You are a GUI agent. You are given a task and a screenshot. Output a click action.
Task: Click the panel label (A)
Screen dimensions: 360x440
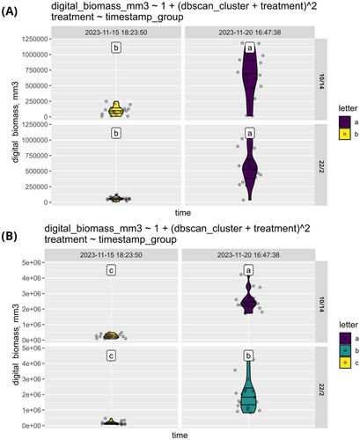[10, 11]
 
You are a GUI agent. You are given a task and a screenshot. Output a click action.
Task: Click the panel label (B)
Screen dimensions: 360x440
[10, 237]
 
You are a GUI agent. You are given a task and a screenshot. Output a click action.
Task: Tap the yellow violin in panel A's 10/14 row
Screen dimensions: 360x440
[116, 110]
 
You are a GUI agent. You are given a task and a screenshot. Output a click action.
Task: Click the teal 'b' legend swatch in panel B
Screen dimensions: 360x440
[345, 350]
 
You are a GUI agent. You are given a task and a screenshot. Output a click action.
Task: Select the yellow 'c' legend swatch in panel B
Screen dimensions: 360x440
[345, 363]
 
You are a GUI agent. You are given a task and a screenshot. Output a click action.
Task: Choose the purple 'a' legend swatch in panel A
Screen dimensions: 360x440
[344, 121]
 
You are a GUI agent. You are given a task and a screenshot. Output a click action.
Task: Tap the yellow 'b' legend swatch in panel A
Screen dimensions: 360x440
[344, 134]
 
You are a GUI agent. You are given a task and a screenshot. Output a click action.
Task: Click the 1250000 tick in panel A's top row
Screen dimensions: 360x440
[34, 39]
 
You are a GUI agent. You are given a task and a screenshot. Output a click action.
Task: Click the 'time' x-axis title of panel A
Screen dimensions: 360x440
[183, 213]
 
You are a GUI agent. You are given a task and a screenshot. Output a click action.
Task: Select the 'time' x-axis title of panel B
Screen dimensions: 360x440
[180, 436]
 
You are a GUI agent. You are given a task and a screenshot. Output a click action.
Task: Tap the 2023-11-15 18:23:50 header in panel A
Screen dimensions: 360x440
[116, 33]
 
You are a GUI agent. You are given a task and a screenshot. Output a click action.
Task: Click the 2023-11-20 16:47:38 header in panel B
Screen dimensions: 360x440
[248, 255]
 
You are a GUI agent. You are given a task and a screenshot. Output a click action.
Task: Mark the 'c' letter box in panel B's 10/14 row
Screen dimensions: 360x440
[111, 270]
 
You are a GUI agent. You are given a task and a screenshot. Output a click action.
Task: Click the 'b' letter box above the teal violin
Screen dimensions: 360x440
[248, 356]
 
